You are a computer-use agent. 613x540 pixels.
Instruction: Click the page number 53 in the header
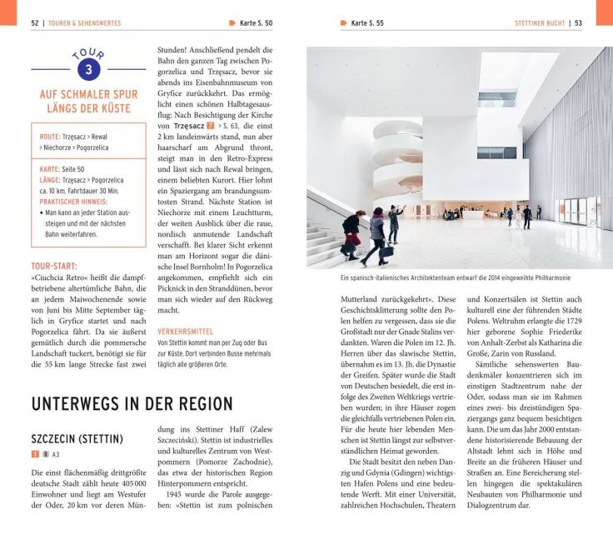coord(577,23)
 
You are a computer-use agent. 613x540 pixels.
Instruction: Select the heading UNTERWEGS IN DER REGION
coord(132,404)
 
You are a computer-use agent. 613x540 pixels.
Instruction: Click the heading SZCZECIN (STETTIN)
coord(77,438)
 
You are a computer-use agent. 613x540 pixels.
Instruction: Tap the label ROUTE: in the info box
coord(50,136)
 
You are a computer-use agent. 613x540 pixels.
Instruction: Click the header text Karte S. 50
coord(256,23)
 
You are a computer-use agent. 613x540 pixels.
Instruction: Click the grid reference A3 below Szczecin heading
coord(56,455)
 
